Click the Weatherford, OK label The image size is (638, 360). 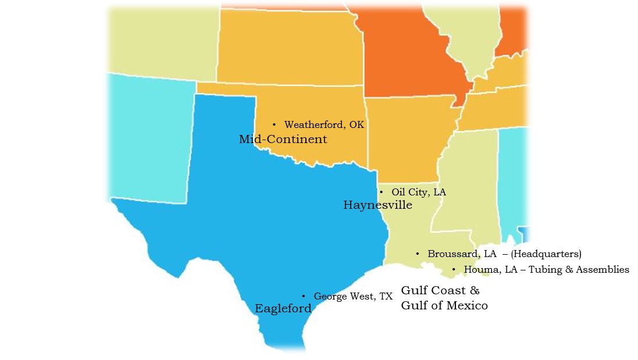point(324,125)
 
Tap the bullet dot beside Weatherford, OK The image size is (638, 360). point(274,124)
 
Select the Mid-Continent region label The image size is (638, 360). point(283,140)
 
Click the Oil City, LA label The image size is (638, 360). point(419,192)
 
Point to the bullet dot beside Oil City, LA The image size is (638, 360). point(381,192)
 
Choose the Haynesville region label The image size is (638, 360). point(377,205)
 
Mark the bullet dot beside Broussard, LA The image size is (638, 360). point(418,254)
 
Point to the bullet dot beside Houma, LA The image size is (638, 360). point(454,270)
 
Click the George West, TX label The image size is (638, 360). point(353,297)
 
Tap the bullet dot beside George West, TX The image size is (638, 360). point(303,297)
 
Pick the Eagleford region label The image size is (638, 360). point(283,309)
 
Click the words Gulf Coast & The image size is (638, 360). point(440,291)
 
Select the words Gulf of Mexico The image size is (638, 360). point(444,305)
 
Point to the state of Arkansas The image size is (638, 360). point(407,140)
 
